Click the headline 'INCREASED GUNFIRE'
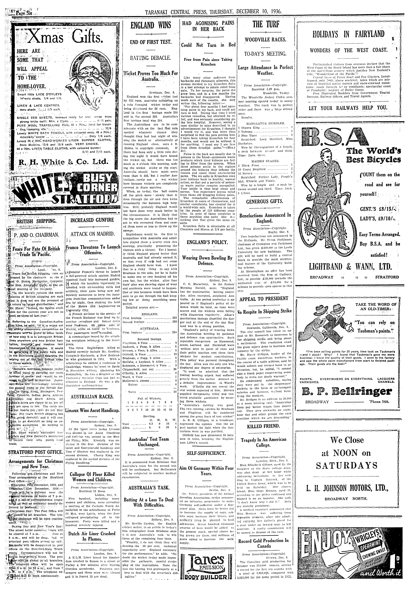pos(92,220)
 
